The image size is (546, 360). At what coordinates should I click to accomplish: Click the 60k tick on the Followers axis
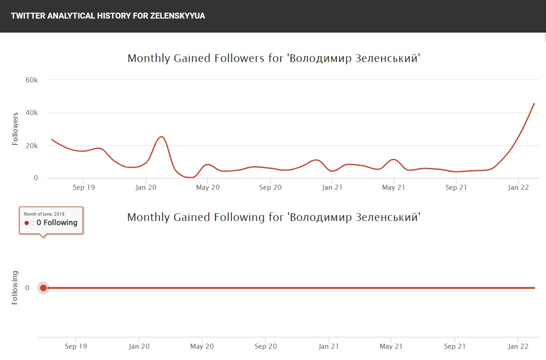(31, 80)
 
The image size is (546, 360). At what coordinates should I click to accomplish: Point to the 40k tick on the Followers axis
(31, 113)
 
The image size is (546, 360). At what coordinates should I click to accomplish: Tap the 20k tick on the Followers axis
(31, 146)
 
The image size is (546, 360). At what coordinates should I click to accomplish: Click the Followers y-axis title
(15, 129)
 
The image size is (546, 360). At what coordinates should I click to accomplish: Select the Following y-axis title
(15, 288)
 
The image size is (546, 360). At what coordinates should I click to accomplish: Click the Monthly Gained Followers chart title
(274, 58)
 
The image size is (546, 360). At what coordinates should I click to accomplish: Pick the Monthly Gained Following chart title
(274, 217)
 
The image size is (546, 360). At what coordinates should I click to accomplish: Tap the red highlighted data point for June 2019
(43, 288)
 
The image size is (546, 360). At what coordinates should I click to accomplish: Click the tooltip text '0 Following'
(57, 223)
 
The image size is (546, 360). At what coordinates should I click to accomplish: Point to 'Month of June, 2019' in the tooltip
(44, 213)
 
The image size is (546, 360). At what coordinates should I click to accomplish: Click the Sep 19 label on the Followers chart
(84, 187)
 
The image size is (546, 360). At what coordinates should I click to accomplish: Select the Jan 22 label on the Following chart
(517, 346)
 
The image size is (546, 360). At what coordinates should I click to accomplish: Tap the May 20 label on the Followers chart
(208, 187)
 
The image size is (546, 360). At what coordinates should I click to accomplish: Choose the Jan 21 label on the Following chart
(329, 346)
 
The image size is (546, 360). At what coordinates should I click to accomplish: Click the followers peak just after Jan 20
(161, 137)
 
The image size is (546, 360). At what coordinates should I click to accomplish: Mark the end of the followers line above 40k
(534, 103)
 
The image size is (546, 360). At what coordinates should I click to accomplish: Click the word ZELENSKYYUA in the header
(177, 16)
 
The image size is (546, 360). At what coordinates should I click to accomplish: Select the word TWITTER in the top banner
(28, 16)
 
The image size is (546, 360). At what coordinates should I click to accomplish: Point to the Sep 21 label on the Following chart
(455, 346)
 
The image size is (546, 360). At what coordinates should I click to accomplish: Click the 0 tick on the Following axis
(27, 288)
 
